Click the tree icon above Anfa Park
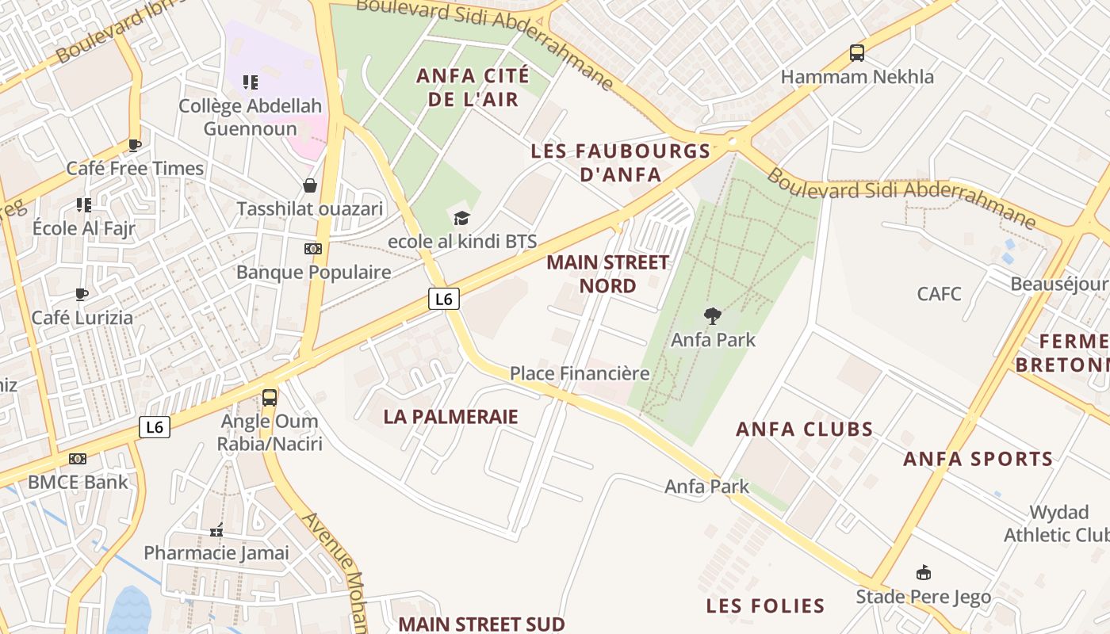click(x=713, y=316)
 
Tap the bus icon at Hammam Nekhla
click(x=857, y=53)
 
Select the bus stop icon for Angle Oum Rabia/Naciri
click(x=270, y=397)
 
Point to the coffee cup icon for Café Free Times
click(x=135, y=145)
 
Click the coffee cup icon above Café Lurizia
click(x=82, y=294)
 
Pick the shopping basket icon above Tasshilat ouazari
click(x=310, y=185)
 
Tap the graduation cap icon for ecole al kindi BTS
click(x=461, y=218)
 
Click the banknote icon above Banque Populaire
click(x=313, y=249)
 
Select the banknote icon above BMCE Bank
click(x=77, y=459)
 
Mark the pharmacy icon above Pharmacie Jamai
click(x=216, y=530)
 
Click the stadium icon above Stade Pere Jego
click(x=923, y=573)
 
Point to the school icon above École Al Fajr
click(x=84, y=205)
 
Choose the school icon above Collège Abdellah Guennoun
click(x=251, y=82)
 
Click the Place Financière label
click(x=580, y=373)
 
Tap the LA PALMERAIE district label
click(x=450, y=417)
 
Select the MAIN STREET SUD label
click(x=481, y=624)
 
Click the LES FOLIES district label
click(x=766, y=606)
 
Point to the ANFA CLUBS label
click(x=805, y=430)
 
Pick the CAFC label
click(x=939, y=294)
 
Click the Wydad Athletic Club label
click(x=1058, y=523)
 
